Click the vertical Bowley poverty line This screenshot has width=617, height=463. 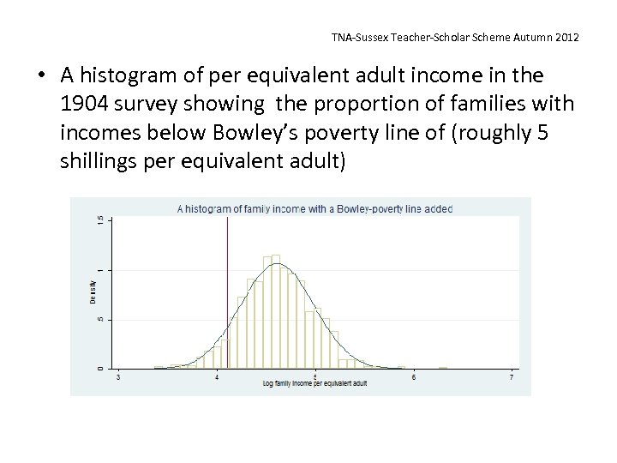[227, 283]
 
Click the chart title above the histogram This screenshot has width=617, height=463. [314, 207]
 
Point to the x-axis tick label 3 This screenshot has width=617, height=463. [118, 377]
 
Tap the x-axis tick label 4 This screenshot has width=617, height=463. [217, 377]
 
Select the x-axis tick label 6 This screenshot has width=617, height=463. [414, 377]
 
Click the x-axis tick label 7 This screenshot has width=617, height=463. [512, 377]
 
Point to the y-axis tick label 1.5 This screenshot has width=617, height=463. [100, 220]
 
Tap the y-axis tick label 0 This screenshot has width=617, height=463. [100, 368]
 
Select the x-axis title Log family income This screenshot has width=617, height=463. [314, 384]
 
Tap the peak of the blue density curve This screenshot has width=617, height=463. [276, 264]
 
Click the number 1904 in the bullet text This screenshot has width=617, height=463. [87, 105]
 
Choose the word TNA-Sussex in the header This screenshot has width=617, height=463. [360, 38]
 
